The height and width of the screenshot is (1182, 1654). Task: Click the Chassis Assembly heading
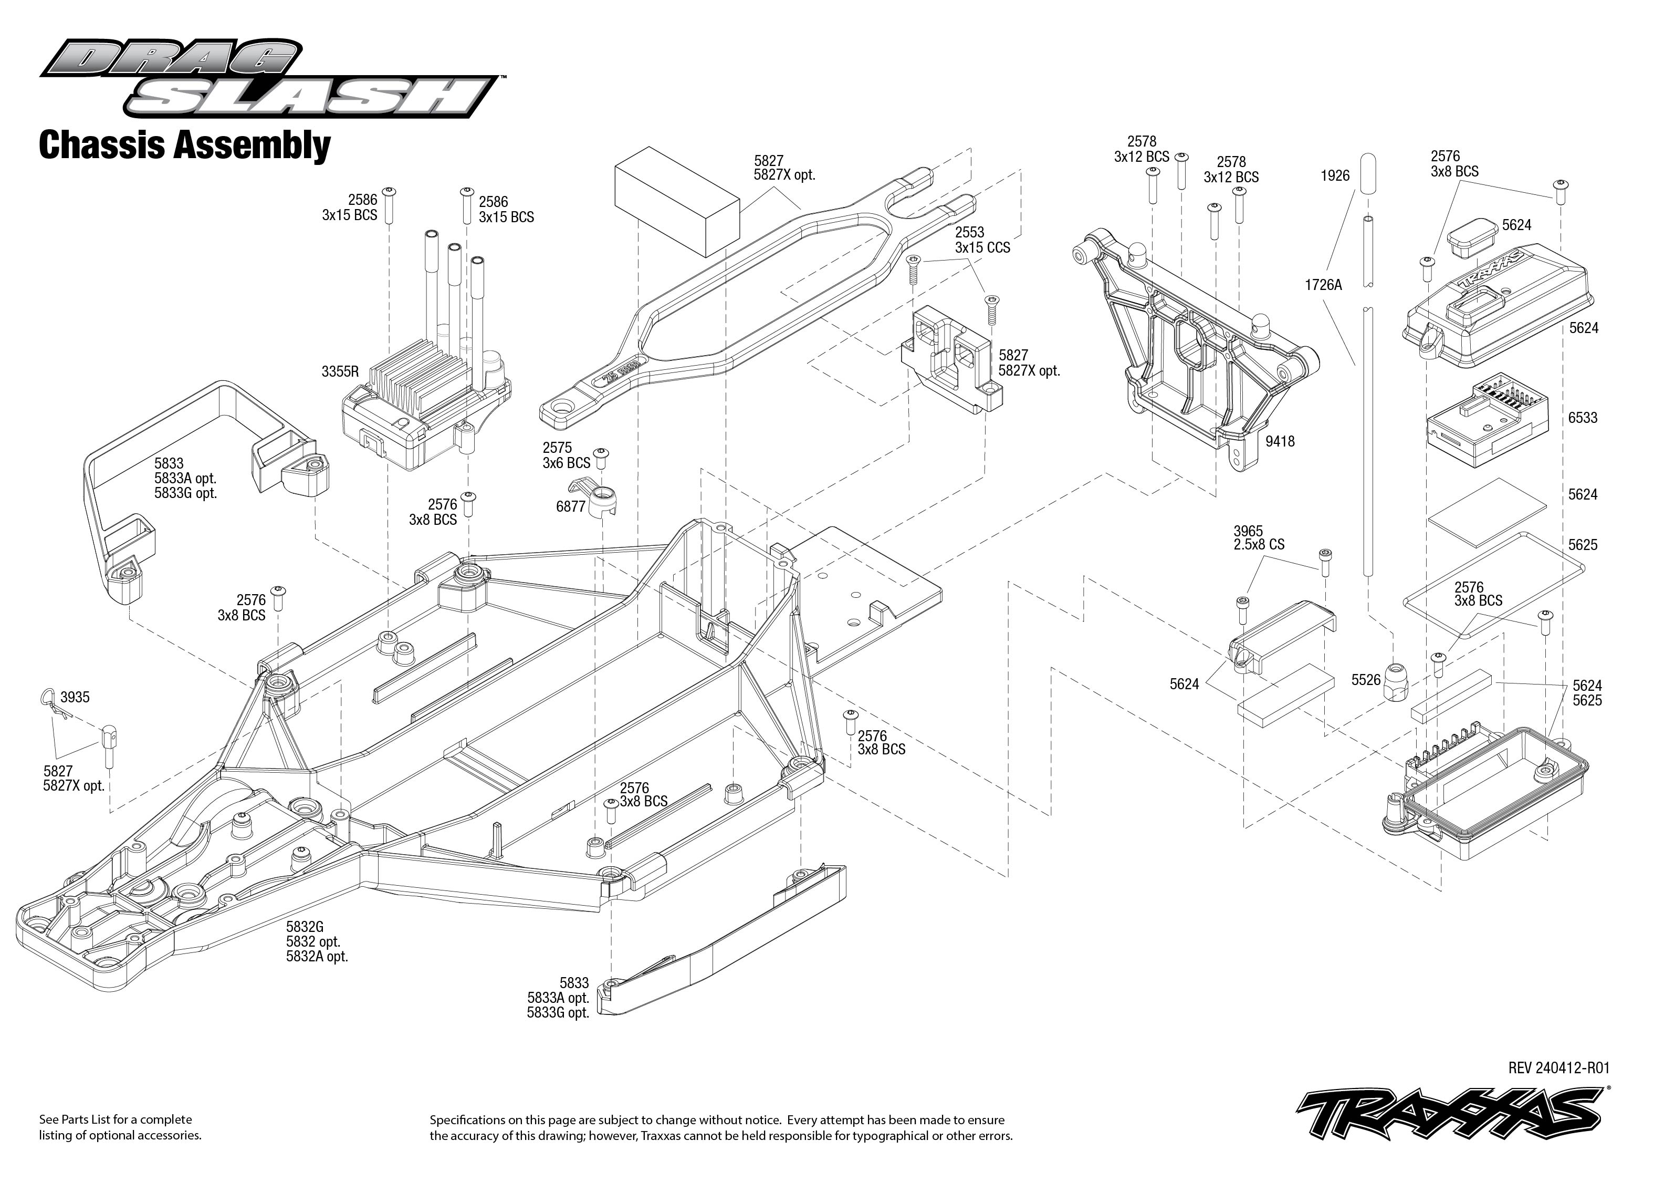pos(185,145)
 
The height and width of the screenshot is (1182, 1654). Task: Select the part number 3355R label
pos(340,372)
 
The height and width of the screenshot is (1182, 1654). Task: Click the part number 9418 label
pos(1280,441)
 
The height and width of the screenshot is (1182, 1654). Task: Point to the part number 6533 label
pos(1583,418)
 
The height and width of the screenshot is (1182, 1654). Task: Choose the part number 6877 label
pos(571,506)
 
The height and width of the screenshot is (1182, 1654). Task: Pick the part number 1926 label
pos(1335,175)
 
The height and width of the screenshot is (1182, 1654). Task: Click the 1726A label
pos(1323,285)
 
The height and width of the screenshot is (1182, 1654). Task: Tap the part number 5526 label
pos(1365,680)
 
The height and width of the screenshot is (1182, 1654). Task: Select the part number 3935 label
pos(75,697)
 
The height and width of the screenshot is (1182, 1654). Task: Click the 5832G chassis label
pos(305,927)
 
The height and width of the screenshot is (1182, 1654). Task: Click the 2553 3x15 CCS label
pos(982,240)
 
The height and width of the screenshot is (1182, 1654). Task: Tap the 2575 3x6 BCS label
pos(566,455)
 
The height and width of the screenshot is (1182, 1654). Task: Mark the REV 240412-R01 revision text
pos(1559,1067)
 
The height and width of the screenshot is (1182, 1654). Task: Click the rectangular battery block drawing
pos(676,200)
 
